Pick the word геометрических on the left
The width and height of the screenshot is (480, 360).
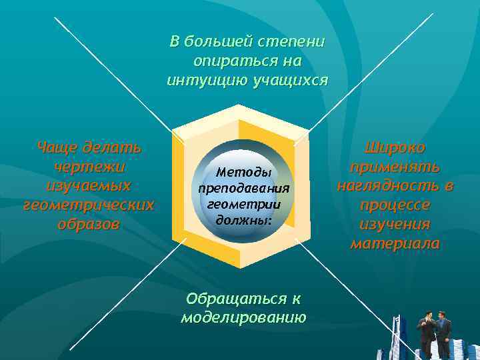coord(88,204)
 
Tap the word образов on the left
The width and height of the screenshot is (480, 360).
coord(88,223)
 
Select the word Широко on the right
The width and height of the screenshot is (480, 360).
coord(395,147)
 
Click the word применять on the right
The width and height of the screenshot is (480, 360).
coord(395,166)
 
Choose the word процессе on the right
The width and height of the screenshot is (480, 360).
coord(395,205)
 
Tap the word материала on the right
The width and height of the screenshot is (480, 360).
coord(395,243)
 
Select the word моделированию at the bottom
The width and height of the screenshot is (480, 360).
coord(243,317)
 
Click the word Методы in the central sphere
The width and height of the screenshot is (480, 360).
coord(244,172)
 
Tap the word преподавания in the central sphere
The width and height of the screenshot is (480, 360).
coord(244,188)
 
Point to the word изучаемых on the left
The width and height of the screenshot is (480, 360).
coord(88,185)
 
